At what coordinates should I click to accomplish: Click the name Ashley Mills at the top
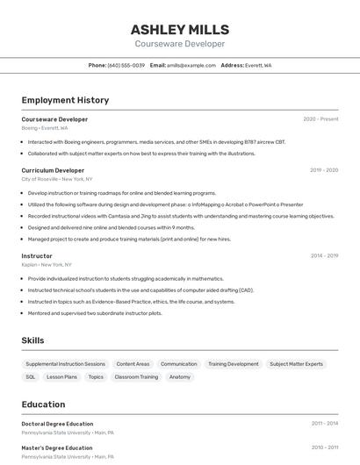179,29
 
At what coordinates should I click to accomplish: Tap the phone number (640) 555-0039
126,65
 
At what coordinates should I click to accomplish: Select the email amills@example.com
191,65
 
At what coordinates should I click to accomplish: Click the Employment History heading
66,101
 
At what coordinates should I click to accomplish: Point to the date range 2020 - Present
320,118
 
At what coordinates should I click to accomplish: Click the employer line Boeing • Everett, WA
44,127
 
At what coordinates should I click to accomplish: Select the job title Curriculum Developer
53,170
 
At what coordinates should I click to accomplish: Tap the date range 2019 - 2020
324,170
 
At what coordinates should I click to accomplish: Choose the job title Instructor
37,256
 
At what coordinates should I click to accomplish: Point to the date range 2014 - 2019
324,256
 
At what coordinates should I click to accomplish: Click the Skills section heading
32,340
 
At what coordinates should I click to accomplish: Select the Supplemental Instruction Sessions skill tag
65,363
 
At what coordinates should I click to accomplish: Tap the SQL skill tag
31,376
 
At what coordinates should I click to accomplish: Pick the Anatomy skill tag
179,376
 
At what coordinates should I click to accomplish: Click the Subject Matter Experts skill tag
296,363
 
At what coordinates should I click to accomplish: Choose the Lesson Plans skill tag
61,376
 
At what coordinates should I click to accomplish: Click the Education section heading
43,404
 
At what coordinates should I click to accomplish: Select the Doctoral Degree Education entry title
57,424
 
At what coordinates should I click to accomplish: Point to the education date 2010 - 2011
324,447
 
